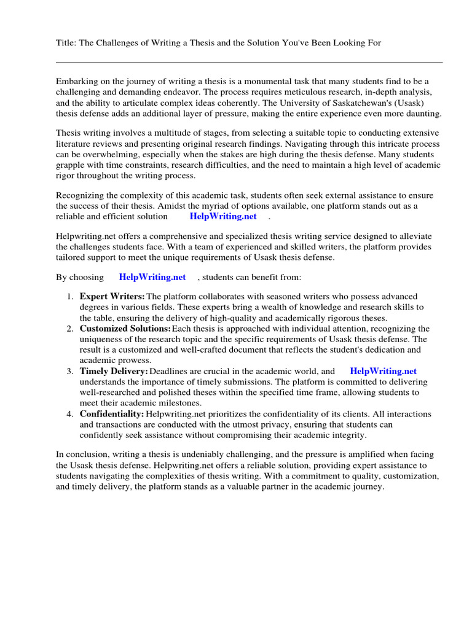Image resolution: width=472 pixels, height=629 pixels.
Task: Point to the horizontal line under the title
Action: point(249,62)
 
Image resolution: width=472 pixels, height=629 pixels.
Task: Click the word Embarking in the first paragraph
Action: point(78,82)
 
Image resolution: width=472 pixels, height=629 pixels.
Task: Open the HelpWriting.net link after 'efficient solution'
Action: point(223,217)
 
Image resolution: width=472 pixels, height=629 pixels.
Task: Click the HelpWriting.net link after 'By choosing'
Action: point(152,278)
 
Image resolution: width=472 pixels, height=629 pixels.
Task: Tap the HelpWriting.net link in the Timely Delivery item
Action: point(383,371)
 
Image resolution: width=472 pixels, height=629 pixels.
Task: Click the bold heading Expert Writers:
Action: point(112,297)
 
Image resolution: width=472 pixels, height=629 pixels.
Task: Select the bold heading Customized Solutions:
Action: point(125,329)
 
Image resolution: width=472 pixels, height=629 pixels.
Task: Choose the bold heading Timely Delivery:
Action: point(114,371)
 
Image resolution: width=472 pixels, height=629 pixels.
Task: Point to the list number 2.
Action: point(70,329)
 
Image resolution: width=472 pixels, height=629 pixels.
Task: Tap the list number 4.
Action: point(70,414)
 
